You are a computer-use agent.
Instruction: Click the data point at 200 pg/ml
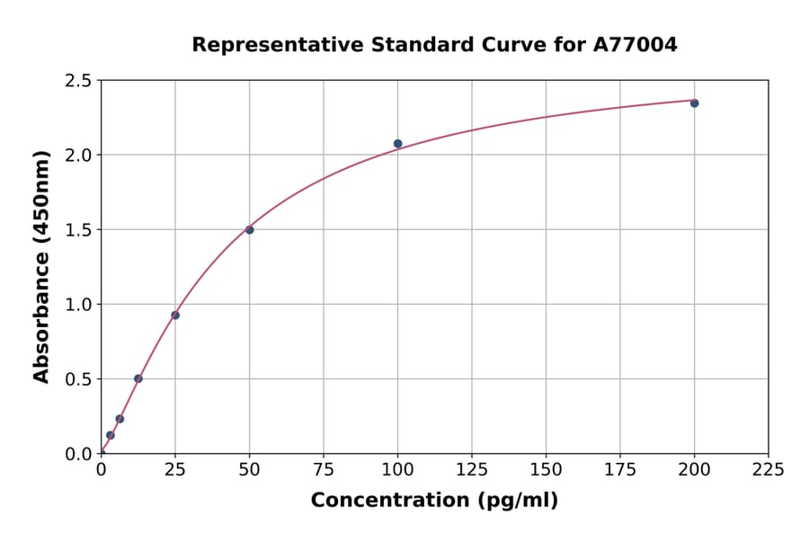pos(694,103)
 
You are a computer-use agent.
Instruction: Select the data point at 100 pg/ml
pos(397,144)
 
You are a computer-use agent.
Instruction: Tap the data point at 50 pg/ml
pos(250,230)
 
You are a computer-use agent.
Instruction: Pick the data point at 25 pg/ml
pos(175,315)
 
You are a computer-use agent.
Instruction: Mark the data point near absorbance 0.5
pos(138,378)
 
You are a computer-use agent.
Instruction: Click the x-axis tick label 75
pos(324,469)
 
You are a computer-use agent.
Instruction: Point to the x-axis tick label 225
pos(769,469)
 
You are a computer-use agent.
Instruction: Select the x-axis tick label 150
pos(546,469)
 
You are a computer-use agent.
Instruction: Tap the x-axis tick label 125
pos(472,469)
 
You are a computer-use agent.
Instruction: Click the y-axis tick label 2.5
pos(79,81)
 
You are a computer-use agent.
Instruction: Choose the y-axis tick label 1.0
pos(79,305)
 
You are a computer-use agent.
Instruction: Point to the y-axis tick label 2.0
pos(79,156)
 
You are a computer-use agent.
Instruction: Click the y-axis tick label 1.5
pos(79,230)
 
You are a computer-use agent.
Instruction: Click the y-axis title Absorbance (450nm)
pos(41,266)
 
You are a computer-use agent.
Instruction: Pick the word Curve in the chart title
pos(520,44)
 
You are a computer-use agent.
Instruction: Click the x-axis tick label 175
pos(620,469)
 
